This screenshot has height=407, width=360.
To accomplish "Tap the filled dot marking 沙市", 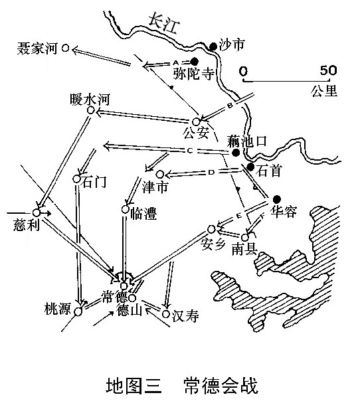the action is point(213,46).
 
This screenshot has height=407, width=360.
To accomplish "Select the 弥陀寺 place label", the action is point(193,74).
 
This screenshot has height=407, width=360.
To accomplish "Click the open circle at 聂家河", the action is point(66,48).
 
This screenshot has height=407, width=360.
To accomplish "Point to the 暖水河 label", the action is point(90,100).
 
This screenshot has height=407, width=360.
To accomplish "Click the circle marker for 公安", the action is point(196,122).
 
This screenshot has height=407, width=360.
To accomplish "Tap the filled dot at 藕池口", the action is point(236,153).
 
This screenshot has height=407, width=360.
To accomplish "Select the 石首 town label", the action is point(269,171).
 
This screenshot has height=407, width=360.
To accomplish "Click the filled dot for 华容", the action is point(277,199).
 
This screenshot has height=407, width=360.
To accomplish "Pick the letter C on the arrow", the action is point(190,151).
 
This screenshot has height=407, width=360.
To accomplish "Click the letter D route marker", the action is point(212,172).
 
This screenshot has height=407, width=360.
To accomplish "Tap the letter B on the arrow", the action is point(230,106).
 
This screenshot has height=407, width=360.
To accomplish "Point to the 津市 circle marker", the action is point(160,174).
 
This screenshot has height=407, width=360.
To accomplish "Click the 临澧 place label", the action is point(143,214).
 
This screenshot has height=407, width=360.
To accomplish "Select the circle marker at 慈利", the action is point(37,212).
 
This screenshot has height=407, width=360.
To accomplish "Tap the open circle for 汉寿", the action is point(166,314).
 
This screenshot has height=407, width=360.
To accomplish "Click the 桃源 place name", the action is point(58,309).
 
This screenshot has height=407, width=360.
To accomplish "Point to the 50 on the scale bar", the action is point(328,70).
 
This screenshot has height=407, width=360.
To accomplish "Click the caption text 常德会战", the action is point(221,386).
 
